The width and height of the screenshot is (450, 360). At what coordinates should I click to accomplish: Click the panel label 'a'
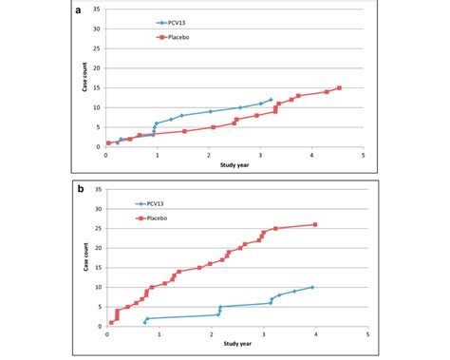(84, 10)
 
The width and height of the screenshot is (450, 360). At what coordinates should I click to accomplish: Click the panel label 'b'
(84, 189)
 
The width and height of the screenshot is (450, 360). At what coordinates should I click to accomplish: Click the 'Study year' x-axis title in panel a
(235, 164)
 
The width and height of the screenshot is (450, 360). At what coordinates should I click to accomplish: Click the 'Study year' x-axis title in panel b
(236, 343)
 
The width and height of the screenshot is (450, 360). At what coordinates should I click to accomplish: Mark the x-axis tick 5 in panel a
(364, 155)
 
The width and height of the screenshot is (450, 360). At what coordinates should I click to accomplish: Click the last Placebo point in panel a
(339, 88)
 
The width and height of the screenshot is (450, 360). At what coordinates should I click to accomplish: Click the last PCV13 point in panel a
(271, 100)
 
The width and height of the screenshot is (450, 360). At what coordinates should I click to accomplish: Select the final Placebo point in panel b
(315, 225)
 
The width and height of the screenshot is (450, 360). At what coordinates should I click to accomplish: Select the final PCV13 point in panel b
(312, 287)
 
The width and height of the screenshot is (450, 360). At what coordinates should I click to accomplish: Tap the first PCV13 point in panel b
(145, 323)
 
